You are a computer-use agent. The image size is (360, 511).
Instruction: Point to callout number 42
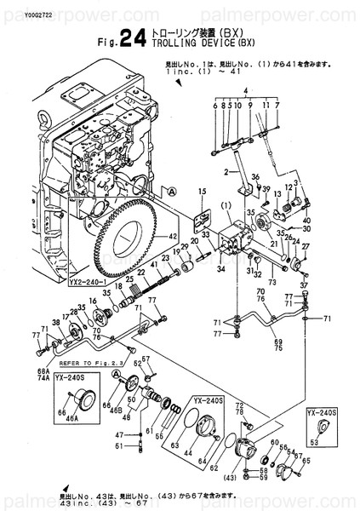173,236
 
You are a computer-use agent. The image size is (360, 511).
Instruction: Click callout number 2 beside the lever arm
226,172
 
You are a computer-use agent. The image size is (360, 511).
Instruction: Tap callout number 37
303,284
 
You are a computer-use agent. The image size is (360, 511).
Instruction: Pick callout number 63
174,444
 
